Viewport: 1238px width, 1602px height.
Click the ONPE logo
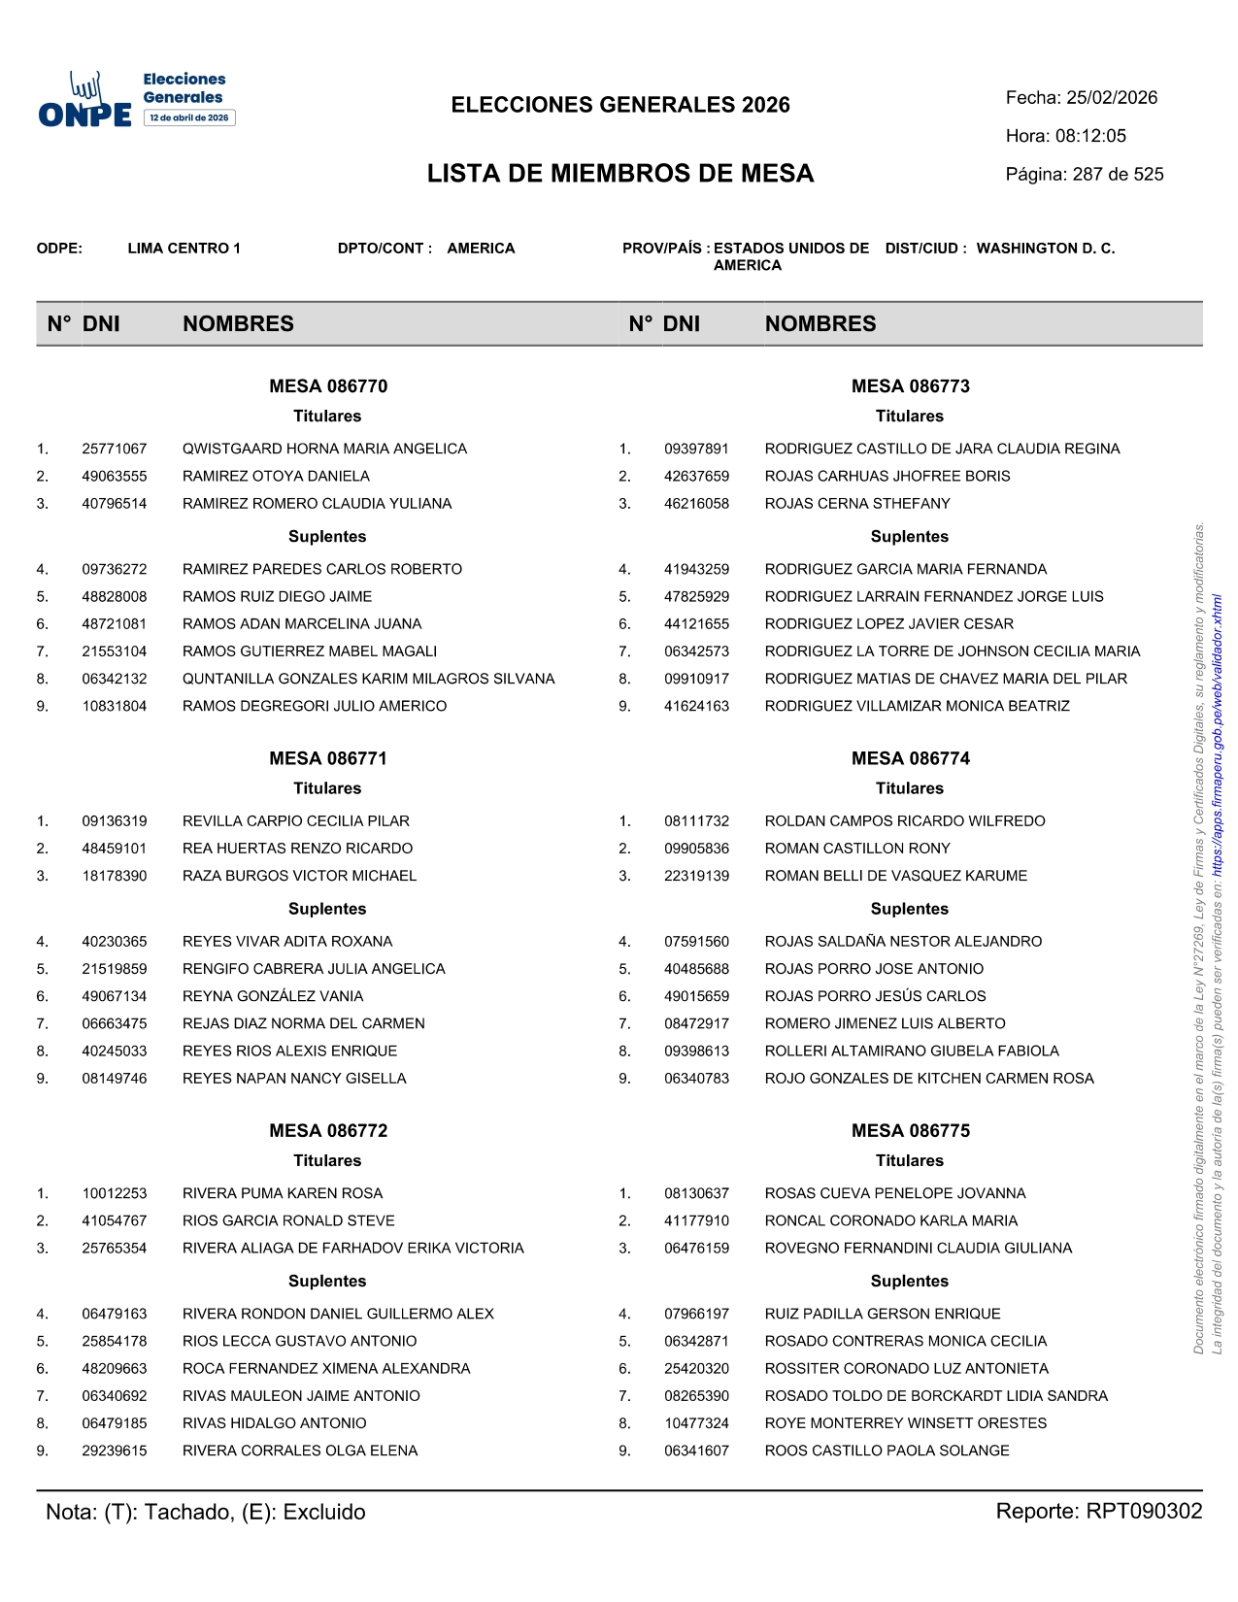coord(85,101)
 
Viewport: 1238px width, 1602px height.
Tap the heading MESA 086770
coord(328,386)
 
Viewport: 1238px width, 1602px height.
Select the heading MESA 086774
coord(910,758)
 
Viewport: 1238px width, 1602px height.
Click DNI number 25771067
coord(115,449)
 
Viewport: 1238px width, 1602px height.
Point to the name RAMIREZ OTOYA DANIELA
coord(276,476)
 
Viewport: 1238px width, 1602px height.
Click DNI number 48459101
coord(115,849)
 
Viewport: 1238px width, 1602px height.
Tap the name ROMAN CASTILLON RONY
coord(857,849)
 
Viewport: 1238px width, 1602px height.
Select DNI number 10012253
coord(115,1193)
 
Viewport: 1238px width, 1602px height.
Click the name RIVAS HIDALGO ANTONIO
coord(275,1423)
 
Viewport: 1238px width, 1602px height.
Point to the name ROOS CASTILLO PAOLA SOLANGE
coord(887,1451)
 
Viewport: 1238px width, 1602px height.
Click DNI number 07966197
coord(696,1314)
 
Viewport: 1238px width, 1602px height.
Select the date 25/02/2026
coord(1112,98)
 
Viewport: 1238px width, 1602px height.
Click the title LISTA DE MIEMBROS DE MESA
coord(620,174)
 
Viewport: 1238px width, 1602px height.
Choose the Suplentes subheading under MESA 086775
coord(909,1282)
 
